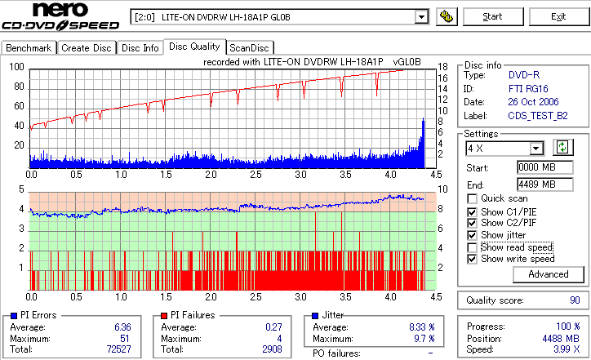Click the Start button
[492, 16]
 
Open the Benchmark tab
[29, 48]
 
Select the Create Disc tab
[87, 48]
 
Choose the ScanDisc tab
[250, 48]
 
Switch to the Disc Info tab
[140, 48]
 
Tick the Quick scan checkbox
[472, 198]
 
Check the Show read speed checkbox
[472, 247]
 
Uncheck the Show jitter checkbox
[472, 235]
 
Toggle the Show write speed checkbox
[472, 259]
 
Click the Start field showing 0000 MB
[536, 167]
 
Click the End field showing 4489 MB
[536, 184]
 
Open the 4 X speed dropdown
[536, 148]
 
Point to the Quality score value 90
[575, 300]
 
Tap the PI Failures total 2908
[270, 349]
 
